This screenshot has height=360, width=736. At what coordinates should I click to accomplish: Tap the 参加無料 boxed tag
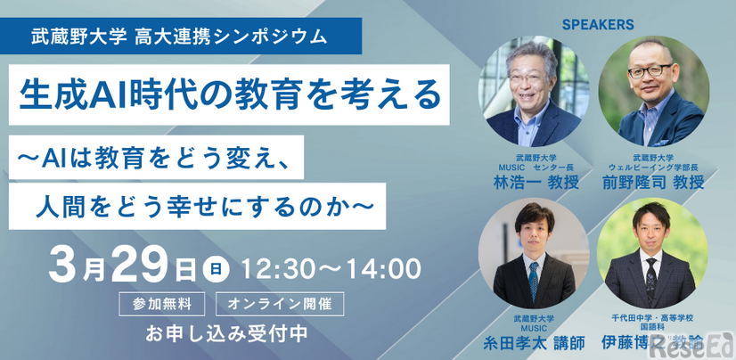pyautogui.click(x=162, y=302)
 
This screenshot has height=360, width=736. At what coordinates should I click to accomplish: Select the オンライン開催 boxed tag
pyautogui.click(x=279, y=302)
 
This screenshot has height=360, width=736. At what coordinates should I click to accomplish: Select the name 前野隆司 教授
pyautogui.click(x=654, y=182)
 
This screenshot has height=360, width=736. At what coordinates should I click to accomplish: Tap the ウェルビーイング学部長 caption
pyautogui.click(x=654, y=165)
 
